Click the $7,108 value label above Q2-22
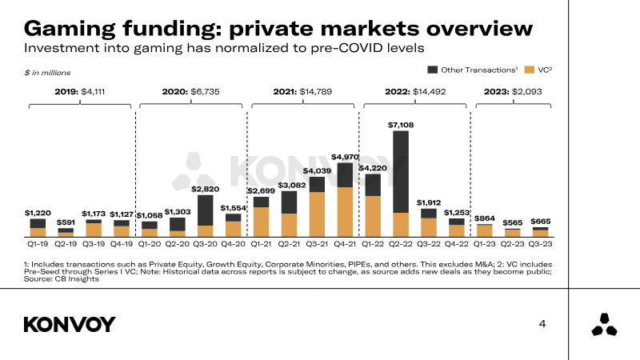tap(401, 125)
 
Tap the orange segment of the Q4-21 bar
tap(345, 213)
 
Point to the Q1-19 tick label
tap(38, 242)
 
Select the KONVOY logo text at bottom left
tap(70, 324)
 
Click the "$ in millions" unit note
tap(43, 73)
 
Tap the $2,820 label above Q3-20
tap(205, 189)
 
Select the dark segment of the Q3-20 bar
tap(205, 210)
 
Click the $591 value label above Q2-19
tap(66, 222)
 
